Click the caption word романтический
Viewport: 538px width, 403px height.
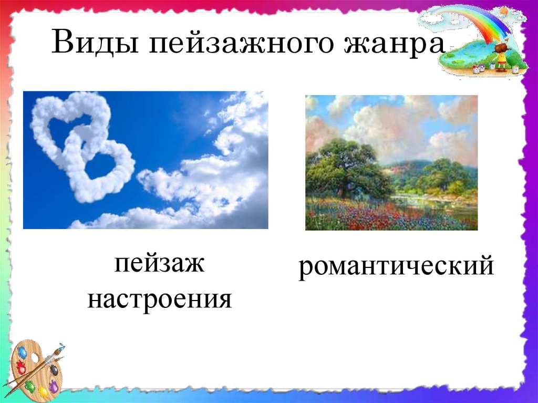(x=396, y=267)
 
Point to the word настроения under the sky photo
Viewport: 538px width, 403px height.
(x=160, y=299)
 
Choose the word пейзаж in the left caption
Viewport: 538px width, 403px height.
(x=160, y=263)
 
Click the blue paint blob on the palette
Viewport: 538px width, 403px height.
(x=22, y=352)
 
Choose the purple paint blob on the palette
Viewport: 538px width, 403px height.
(x=53, y=386)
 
